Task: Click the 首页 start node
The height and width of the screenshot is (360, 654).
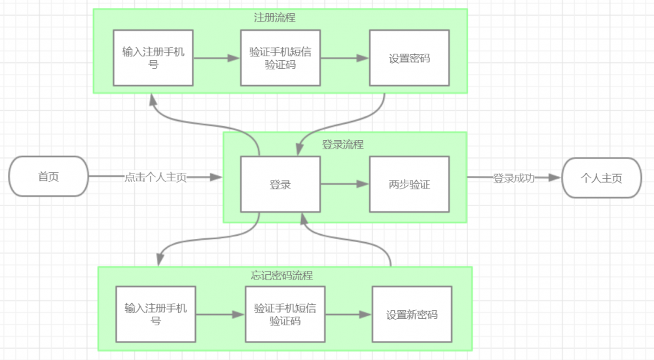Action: (x=48, y=177)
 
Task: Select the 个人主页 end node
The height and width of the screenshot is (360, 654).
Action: (x=601, y=178)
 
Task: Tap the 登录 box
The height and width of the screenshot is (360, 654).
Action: (x=280, y=185)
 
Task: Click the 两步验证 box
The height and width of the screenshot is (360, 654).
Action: (x=409, y=185)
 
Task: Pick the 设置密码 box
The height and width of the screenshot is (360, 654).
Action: (x=409, y=58)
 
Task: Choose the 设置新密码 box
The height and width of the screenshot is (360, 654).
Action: (x=411, y=315)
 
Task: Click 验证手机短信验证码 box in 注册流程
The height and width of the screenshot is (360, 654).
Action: (x=280, y=58)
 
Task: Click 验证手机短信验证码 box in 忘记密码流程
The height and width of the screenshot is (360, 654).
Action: (x=285, y=315)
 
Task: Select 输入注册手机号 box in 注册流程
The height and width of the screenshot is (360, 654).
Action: (x=153, y=58)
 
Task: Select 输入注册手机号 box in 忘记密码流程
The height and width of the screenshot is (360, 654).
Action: (x=156, y=315)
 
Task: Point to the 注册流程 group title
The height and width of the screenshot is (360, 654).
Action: (x=279, y=18)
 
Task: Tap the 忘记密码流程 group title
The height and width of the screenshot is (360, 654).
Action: (x=282, y=276)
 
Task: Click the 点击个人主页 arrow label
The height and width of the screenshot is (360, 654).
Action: (x=155, y=177)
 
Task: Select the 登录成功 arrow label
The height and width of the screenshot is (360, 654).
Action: (x=513, y=178)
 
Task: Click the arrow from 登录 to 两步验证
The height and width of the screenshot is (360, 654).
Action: (x=344, y=185)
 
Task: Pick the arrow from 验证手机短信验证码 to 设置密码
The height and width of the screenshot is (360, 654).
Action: (x=344, y=58)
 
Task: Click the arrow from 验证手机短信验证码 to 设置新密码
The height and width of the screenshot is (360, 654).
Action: (x=348, y=315)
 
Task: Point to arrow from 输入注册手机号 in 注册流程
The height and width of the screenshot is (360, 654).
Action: (x=217, y=58)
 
